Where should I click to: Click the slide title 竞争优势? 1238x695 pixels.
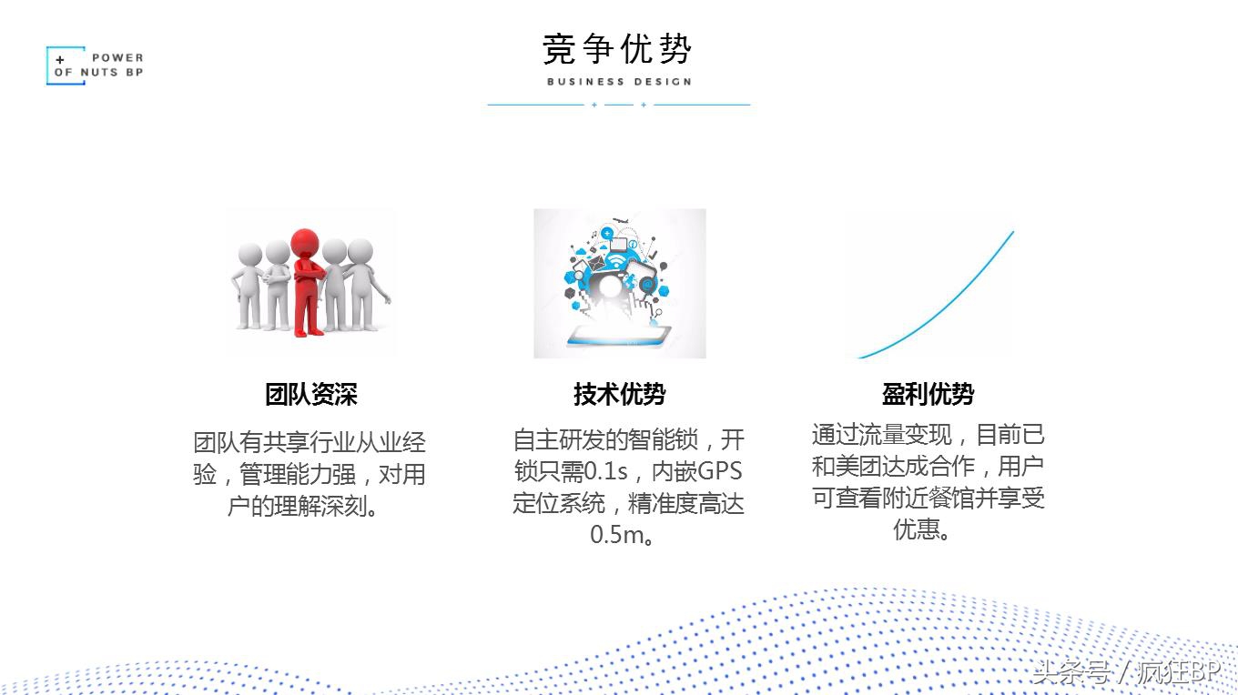[617, 49]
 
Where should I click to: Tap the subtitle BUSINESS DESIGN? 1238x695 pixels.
[619, 82]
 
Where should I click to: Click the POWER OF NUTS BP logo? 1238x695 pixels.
[96, 65]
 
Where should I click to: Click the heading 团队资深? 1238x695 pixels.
[311, 395]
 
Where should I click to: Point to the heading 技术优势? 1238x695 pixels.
[619, 395]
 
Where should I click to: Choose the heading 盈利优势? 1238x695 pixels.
[928, 395]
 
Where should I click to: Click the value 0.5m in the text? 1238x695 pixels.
[616, 535]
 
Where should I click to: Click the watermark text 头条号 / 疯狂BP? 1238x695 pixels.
[1125, 673]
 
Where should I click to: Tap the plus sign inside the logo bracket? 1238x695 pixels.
[61, 60]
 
